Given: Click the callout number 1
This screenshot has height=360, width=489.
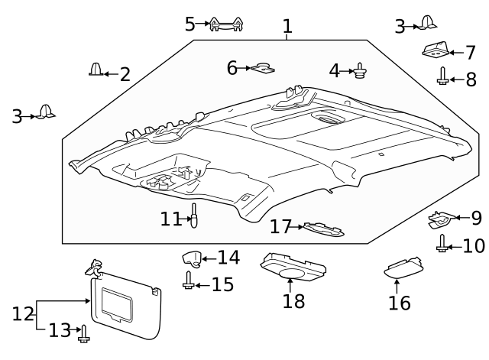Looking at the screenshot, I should tap(287, 27).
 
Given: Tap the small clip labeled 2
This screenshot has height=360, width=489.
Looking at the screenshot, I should tap(96, 70).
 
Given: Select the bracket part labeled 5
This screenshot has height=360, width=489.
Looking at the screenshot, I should tap(228, 24).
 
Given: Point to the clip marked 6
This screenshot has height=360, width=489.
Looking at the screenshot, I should tap(264, 70).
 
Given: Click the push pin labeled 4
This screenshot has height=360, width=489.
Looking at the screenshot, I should tap(359, 71).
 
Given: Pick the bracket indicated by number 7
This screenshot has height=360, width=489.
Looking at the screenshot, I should tap(434, 50).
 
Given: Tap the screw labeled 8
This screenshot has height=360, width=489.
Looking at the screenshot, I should tap(442, 76).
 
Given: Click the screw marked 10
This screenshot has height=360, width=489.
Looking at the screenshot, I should tap(442, 244).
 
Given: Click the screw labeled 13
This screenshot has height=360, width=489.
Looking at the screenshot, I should tap(84, 331).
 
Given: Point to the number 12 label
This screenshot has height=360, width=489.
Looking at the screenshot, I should tap(24, 313).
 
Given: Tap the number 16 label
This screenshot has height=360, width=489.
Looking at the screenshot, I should tap(398, 303).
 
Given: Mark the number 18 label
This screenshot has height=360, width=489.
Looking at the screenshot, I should tap(293, 300).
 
